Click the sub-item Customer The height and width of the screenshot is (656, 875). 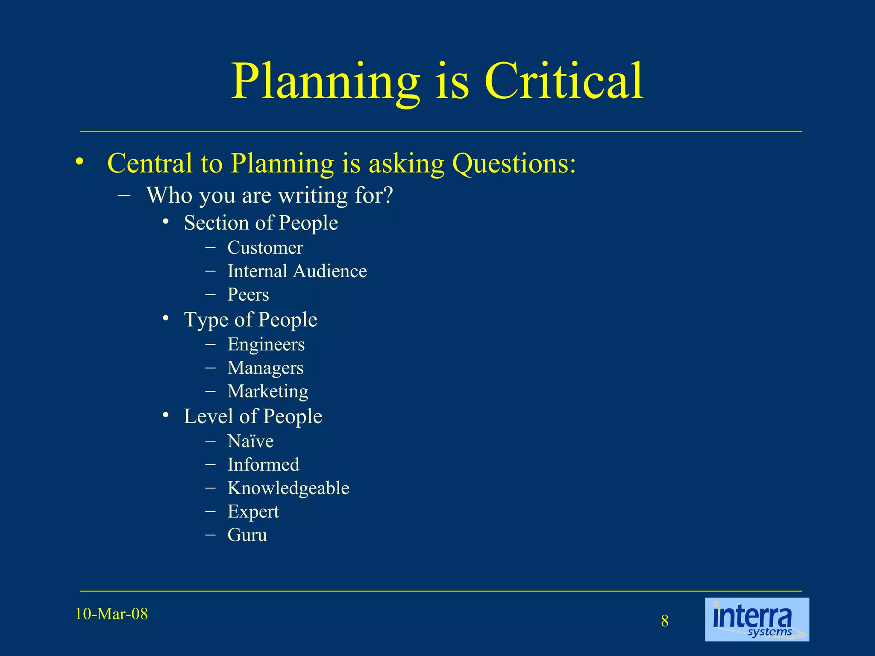265,248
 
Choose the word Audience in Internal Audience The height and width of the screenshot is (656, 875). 330,271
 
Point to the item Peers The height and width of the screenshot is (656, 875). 248,295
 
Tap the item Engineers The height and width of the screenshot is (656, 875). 266,345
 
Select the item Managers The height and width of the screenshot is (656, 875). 265,368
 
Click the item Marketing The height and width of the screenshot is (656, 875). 267,392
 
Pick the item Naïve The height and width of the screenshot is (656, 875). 250,441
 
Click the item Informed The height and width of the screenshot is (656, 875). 263,465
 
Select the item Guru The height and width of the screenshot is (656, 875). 247,535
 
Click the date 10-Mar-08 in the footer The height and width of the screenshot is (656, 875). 112,614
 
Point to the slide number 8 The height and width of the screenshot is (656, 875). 665,621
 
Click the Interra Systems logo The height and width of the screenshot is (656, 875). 757,619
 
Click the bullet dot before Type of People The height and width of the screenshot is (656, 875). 166,319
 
